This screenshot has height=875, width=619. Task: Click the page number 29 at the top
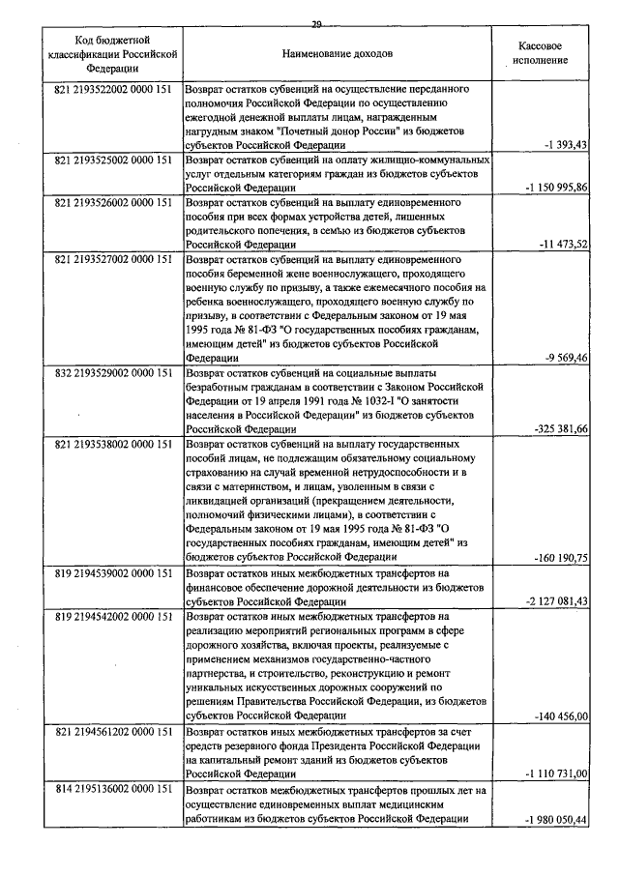(316, 23)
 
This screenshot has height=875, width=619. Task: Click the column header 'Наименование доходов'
(339, 52)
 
